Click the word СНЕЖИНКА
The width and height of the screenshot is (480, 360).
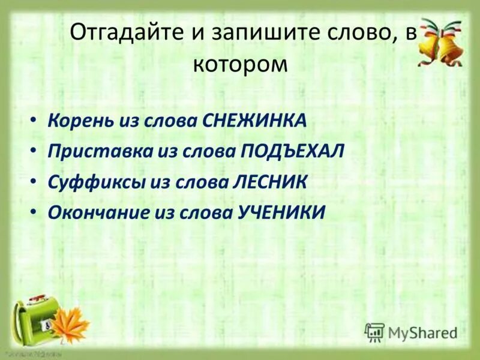coord(255,121)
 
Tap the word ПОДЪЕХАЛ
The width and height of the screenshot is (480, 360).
coord(292,151)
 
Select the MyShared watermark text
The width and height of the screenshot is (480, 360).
coord(422,332)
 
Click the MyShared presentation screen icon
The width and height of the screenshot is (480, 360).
coord(374,332)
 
